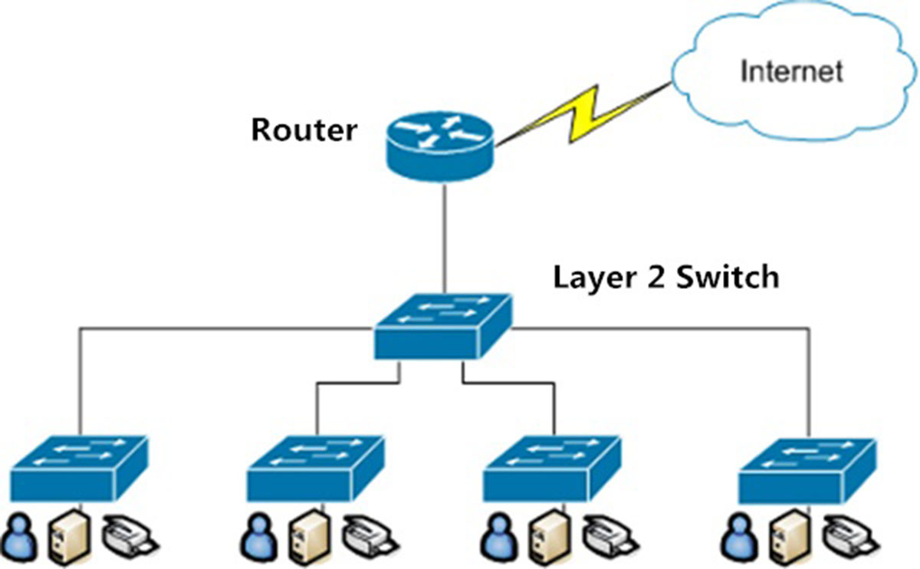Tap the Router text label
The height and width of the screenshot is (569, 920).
304,130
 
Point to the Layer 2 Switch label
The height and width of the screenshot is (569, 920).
665,276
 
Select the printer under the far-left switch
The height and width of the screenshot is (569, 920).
128,534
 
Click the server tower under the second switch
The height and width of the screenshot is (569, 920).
304,537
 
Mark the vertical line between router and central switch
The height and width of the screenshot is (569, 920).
443,238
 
